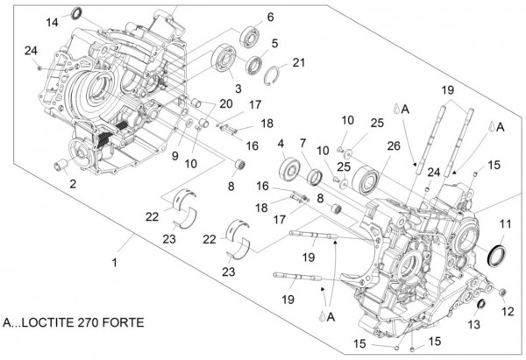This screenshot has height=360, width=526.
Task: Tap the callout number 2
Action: point(73,184)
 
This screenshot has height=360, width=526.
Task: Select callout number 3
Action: point(237,88)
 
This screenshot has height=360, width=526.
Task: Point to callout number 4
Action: point(281,143)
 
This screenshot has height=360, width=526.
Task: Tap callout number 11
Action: point(504,224)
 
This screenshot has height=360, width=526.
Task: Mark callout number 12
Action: point(508,312)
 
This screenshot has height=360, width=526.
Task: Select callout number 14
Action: point(52,20)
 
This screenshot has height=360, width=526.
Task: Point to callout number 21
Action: point(299,62)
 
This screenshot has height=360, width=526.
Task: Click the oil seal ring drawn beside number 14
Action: point(76,14)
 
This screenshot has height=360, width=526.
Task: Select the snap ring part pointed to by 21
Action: point(274,74)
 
